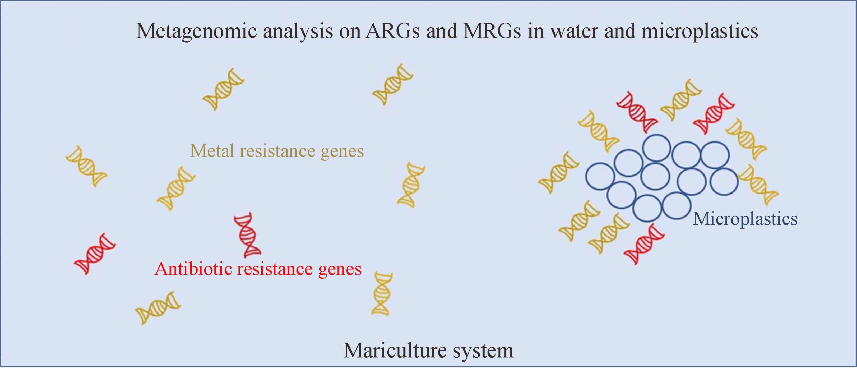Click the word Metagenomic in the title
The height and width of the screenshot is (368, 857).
[197, 32]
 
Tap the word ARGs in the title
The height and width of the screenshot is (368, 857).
[393, 31]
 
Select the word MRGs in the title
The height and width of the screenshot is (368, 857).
[492, 31]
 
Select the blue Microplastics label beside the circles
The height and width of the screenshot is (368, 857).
[745, 219]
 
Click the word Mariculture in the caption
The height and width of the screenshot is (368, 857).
[395, 351]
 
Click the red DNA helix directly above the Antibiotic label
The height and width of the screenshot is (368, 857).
[247, 235]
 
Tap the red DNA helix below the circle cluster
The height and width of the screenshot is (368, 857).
[644, 244]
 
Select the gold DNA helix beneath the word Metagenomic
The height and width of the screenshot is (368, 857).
[223, 89]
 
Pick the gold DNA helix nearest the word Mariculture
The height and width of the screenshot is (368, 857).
[382, 294]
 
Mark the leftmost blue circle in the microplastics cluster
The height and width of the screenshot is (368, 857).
[600, 176]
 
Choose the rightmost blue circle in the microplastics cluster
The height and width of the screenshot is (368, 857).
[724, 181]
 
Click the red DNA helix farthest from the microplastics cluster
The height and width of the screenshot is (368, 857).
[95, 254]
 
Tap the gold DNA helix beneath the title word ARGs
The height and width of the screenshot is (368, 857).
[393, 84]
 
